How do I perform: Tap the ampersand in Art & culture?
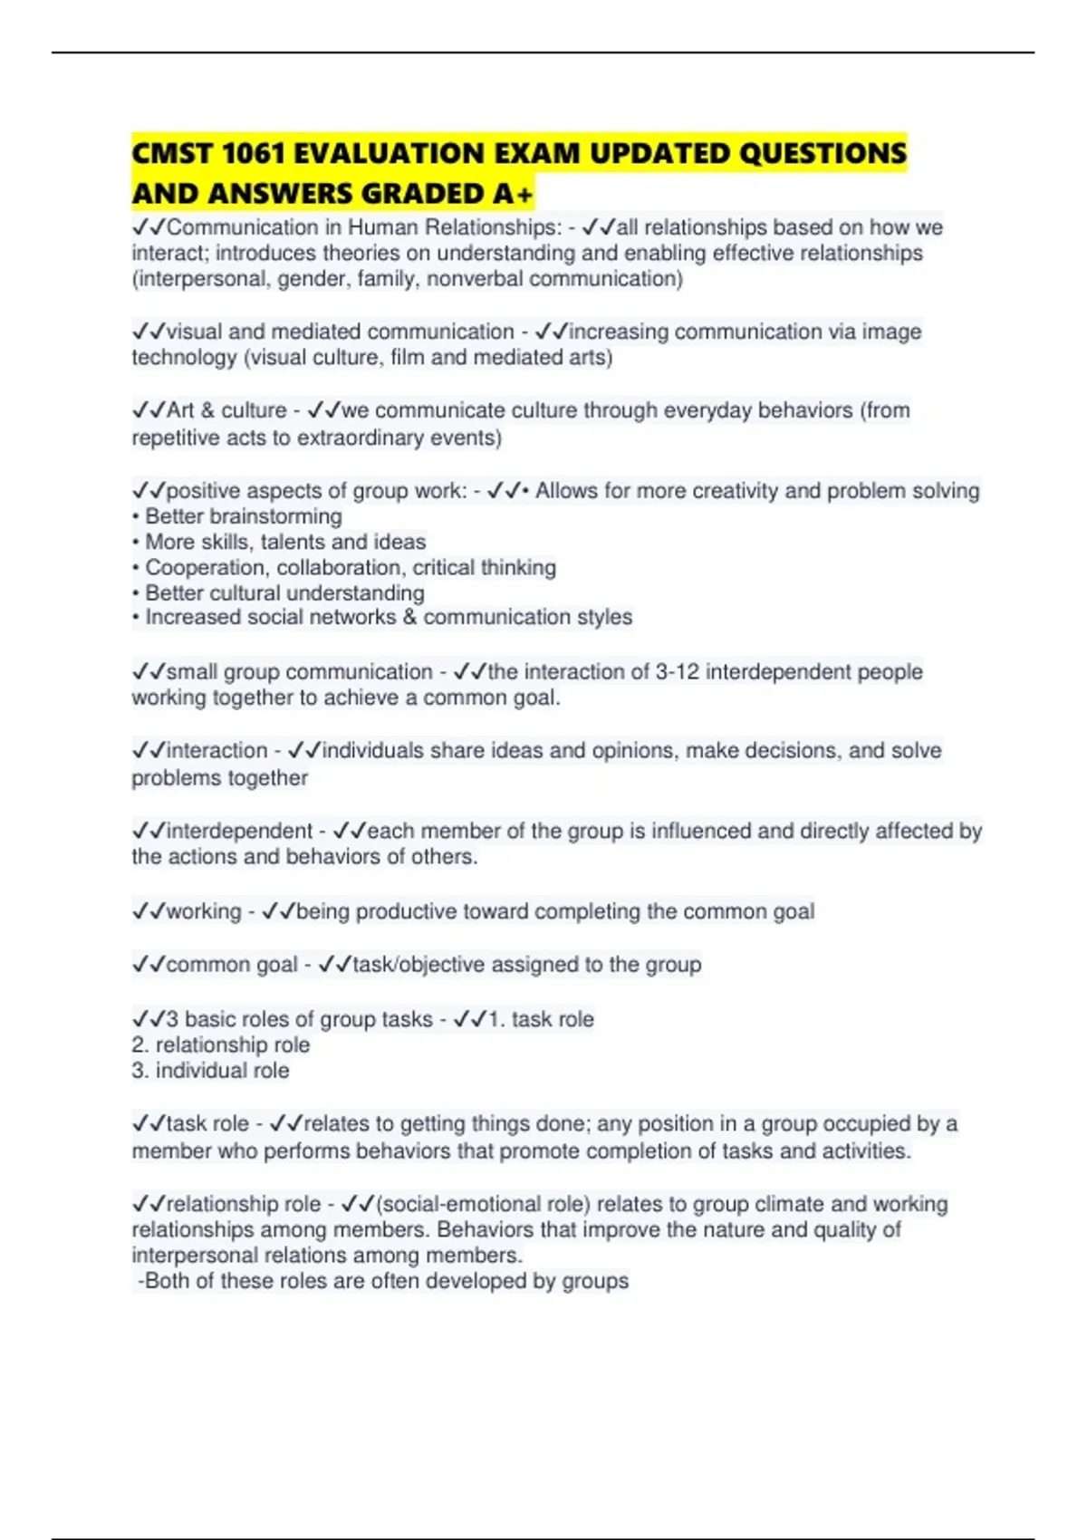point(207,410)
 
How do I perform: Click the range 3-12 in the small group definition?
point(677,672)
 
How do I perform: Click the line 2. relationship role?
point(221,1045)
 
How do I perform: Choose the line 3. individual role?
point(211,1071)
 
